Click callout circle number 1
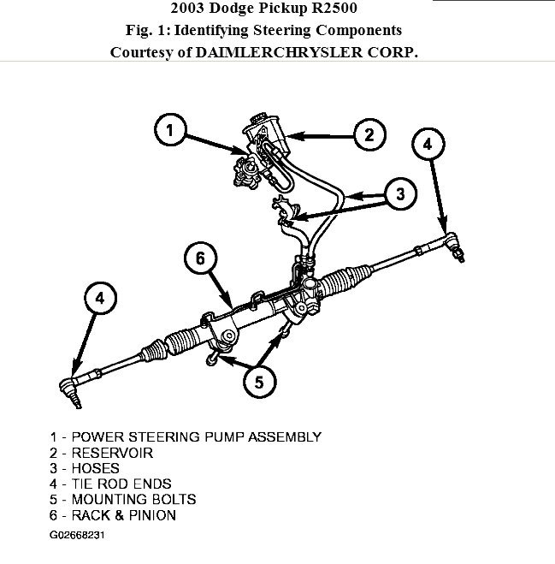[170, 131]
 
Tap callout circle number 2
[369, 134]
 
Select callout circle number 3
[399, 193]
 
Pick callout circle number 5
[259, 382]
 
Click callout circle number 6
[199, 258]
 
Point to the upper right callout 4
[428, 145]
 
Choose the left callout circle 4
[100, 299]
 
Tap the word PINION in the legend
[152, 515]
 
